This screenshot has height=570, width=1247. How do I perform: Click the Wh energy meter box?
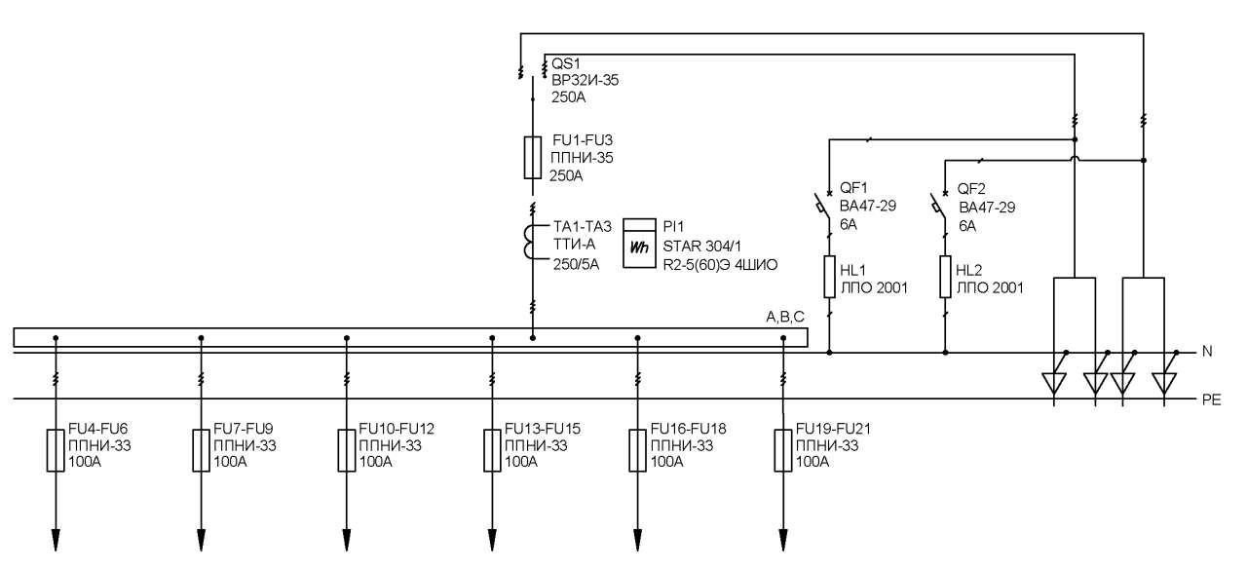(x=639, y=244)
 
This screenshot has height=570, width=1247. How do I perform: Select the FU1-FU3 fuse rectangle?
(x=533, y=158)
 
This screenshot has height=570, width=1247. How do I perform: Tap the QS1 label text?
(x=566, y=63)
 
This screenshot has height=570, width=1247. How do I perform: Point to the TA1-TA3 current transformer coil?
(x=528, y=242)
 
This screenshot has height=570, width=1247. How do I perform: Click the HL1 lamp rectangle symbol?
(x=829, y=277)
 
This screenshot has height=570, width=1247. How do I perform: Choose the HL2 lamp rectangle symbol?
(x=945, y=277)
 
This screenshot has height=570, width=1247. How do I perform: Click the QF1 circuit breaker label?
(x=853, y=188)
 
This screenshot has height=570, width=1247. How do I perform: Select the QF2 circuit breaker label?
(x=971, y=189)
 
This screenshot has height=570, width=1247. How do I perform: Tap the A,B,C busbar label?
(x=785, y=317)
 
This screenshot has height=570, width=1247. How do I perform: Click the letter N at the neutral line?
(x=1207, y=351)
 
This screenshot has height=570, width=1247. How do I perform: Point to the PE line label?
(x=1211, y=399)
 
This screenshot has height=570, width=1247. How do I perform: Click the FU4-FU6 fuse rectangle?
(x=56, y=450)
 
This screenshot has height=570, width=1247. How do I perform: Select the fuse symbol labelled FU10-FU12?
(x=347, y=450)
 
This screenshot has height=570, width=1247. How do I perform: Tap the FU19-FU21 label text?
(x=833, y=429)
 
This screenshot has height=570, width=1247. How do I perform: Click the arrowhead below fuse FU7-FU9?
(x=201, y=540)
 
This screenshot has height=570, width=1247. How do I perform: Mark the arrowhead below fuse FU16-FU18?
(x=637, y=540)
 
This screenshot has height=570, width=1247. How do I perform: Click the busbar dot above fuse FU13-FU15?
(x=492, y=338)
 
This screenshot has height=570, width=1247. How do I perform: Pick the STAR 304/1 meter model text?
(x=702, y=247)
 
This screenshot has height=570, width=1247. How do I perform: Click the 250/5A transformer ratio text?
(x=576, y=264)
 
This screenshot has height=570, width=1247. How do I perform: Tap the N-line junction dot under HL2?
(x=945, y=353)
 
